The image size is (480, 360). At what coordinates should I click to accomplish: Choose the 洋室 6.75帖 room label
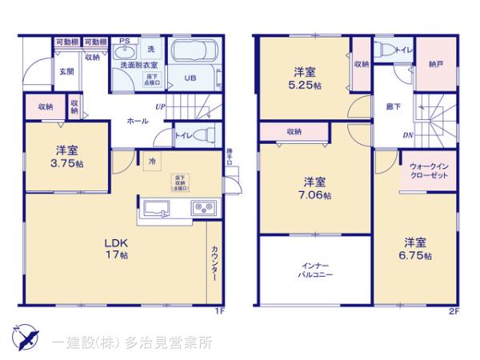tap(415, 249)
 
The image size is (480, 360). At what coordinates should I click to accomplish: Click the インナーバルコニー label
tap(313, 269)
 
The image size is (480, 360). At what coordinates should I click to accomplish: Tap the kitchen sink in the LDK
tap(157, 210)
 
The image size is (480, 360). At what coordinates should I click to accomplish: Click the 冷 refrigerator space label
tap(151, 161)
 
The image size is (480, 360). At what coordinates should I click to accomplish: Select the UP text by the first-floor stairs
tap(160, 106)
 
